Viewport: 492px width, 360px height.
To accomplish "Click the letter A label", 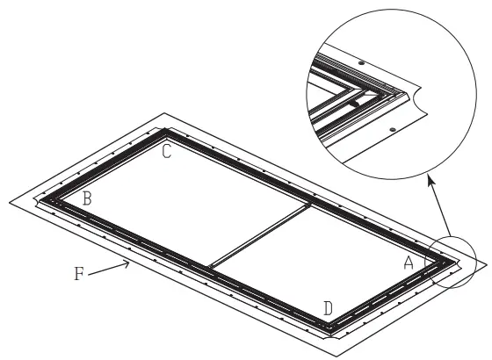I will [409, 262].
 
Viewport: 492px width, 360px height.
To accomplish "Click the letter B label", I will [86, 198].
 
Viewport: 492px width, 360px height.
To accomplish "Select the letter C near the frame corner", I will [165, 151].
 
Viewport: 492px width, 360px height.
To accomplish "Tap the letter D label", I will [328, 308].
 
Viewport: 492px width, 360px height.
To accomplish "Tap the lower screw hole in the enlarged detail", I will [391, 130].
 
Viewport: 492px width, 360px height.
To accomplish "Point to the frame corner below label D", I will [330, 328].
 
